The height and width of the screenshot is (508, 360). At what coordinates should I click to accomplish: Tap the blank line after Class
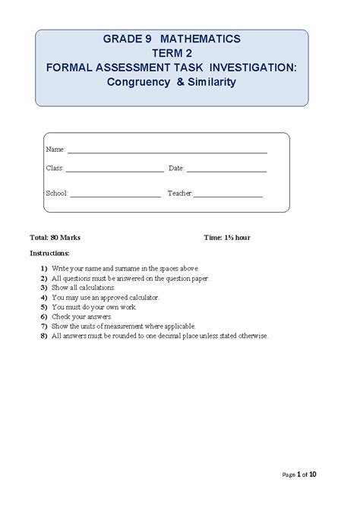point(114,172)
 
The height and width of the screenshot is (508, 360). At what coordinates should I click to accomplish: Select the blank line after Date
point(226,172)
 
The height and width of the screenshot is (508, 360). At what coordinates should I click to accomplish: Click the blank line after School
point(115,197)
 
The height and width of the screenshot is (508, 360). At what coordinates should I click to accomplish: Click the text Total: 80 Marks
point(55,238)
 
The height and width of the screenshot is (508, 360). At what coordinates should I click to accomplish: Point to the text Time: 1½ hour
point(227,238)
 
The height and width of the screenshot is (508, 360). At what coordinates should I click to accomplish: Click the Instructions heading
point(49,253)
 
